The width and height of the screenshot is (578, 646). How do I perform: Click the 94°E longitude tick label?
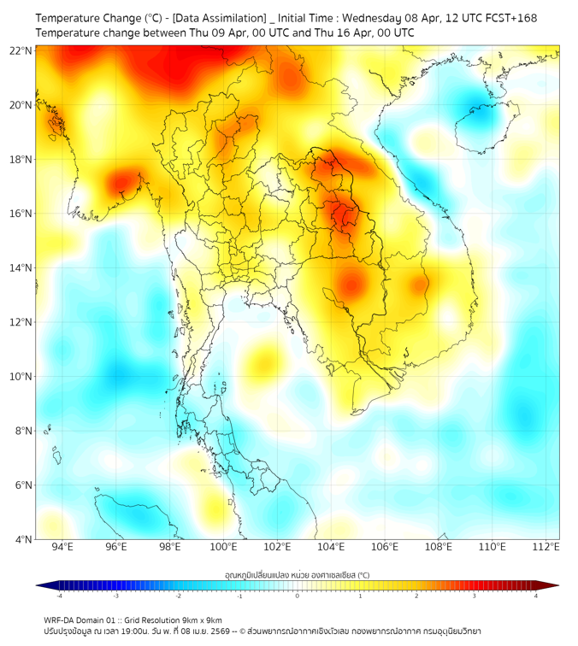(x=62, y=547)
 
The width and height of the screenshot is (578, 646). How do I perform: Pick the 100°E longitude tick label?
(x=224, y=547)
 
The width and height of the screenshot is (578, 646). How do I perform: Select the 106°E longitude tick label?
(x=386, y=547)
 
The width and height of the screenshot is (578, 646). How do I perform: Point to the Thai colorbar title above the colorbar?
(x=297, y=575)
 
